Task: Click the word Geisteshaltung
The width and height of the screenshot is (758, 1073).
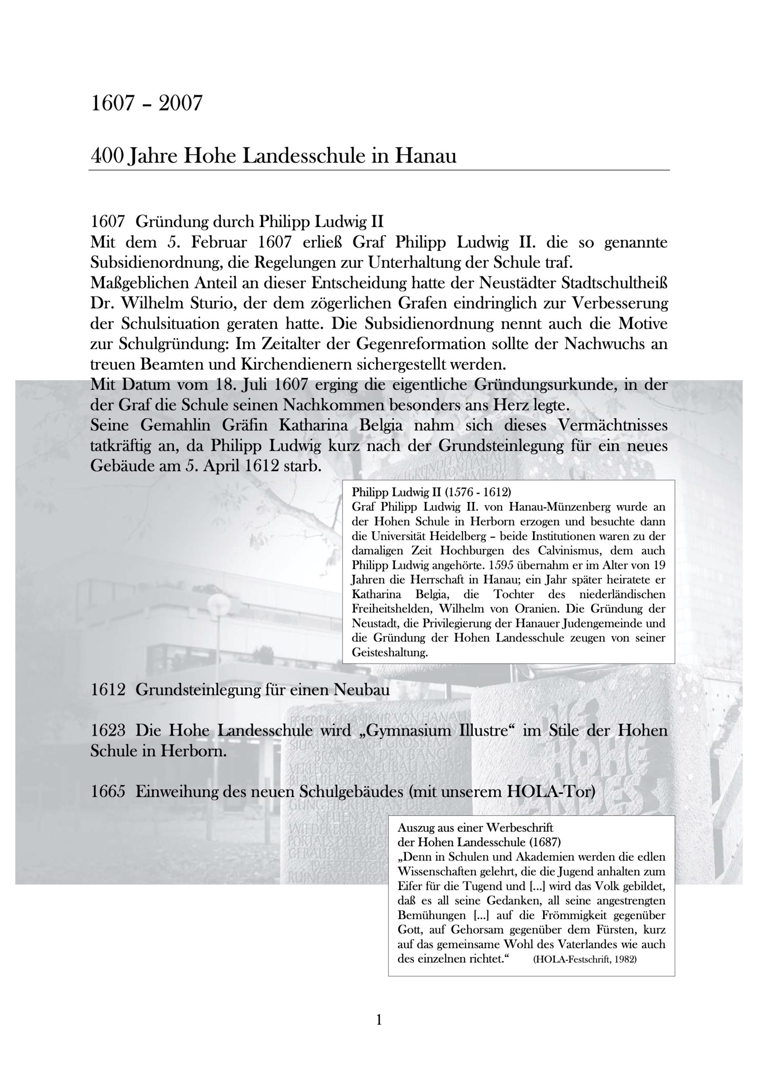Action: tap(389, 653)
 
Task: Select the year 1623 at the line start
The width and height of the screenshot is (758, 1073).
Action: tap(108, 731)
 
